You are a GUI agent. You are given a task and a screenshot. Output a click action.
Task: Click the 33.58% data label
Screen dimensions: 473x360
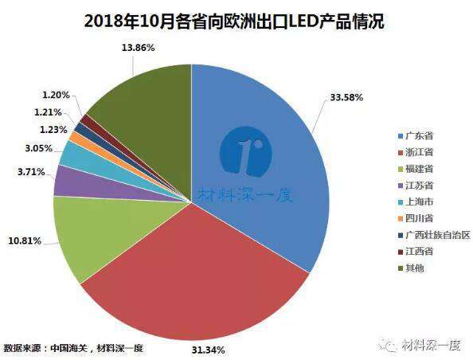pos(346,97)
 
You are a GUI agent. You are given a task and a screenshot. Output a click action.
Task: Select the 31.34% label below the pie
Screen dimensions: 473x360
pos(208,350)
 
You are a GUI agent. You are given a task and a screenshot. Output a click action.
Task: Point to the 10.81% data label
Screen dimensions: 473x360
pos(25,241)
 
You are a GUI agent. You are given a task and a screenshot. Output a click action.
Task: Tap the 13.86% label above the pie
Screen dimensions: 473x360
pos(138,47)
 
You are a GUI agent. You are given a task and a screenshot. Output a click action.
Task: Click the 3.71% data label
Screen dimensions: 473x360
pos(31,172)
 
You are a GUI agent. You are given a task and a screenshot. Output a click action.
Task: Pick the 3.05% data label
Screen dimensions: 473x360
pos(38,148)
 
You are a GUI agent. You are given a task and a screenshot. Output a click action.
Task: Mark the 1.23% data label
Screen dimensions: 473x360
pos(53,130)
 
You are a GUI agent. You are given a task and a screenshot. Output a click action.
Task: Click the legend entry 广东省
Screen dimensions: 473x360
pos(416,135)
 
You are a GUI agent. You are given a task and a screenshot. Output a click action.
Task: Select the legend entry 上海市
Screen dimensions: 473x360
pos(416,202)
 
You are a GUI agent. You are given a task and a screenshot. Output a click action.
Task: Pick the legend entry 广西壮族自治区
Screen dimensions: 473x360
pos(434,234)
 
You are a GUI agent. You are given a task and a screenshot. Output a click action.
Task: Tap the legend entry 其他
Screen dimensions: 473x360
pos(411,268)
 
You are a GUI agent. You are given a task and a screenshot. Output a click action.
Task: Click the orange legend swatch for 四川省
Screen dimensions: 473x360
pos(401,218)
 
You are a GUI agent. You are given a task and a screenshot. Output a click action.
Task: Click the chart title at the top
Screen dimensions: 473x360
pos(234,22)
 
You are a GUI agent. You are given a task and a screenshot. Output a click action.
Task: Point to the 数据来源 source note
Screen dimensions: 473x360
pos(73,348)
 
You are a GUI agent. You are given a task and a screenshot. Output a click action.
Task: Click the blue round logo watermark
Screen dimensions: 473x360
pos(245,151)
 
